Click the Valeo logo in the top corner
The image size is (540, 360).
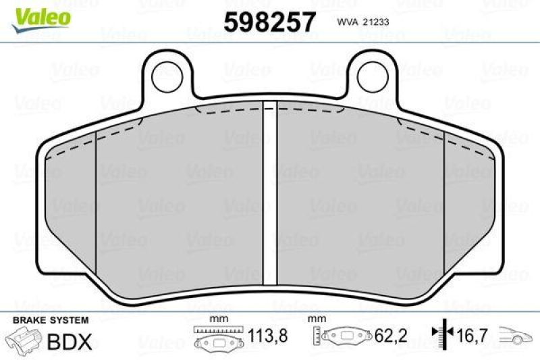click(41, 20)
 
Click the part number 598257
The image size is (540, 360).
click(269, 22)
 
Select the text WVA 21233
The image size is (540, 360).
click(363, 22)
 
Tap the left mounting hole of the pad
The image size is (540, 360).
click(167, 76)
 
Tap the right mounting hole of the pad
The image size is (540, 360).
click(373, 76)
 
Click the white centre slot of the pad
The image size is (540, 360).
click(270, 193)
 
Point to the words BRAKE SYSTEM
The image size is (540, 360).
click(51, 320)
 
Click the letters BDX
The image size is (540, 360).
click(70, 341)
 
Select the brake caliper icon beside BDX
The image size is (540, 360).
click(24, 341)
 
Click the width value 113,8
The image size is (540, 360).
click(267, 336)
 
